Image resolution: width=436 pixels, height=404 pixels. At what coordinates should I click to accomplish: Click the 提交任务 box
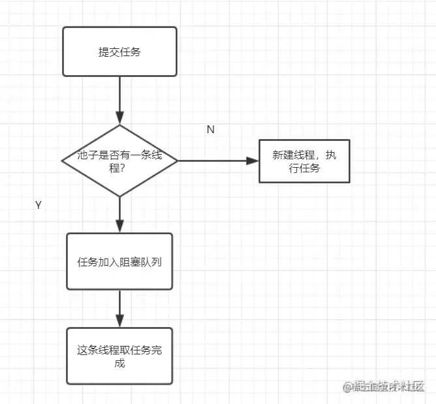tap(119, 52)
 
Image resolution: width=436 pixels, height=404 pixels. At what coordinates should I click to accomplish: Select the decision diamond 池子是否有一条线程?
tap(119, 161)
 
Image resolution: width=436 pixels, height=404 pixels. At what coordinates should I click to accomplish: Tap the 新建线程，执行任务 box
tap(304, 161)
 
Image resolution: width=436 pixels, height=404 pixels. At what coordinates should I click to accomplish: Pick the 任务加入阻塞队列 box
tap(119, 262)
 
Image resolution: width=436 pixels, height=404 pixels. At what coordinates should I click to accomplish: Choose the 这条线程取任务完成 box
tap(119, 356)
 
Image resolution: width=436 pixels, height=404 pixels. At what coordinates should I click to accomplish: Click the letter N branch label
tap(210, 129)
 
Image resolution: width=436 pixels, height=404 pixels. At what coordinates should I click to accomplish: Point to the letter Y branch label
tap(39, 205)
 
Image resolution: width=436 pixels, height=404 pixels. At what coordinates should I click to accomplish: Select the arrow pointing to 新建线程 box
tap(215, 161)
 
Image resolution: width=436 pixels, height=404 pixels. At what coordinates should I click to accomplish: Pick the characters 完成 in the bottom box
tap(119, 362)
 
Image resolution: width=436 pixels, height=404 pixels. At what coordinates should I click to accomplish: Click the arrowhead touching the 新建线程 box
tap(253, 161)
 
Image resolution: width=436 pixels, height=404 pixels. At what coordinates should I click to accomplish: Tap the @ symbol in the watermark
tap(348, 386)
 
